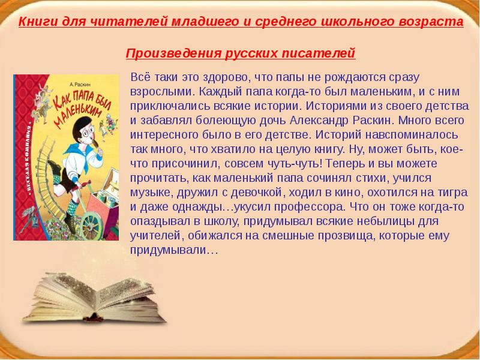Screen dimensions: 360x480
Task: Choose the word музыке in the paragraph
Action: pyautogui.click(x=150, y=193)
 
